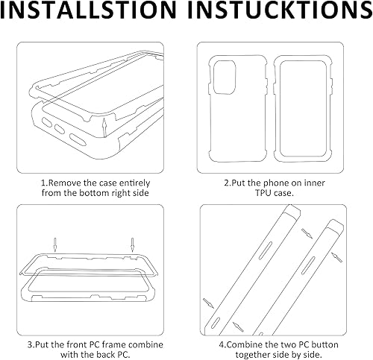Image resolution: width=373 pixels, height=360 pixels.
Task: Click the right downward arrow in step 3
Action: coord(132,243)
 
